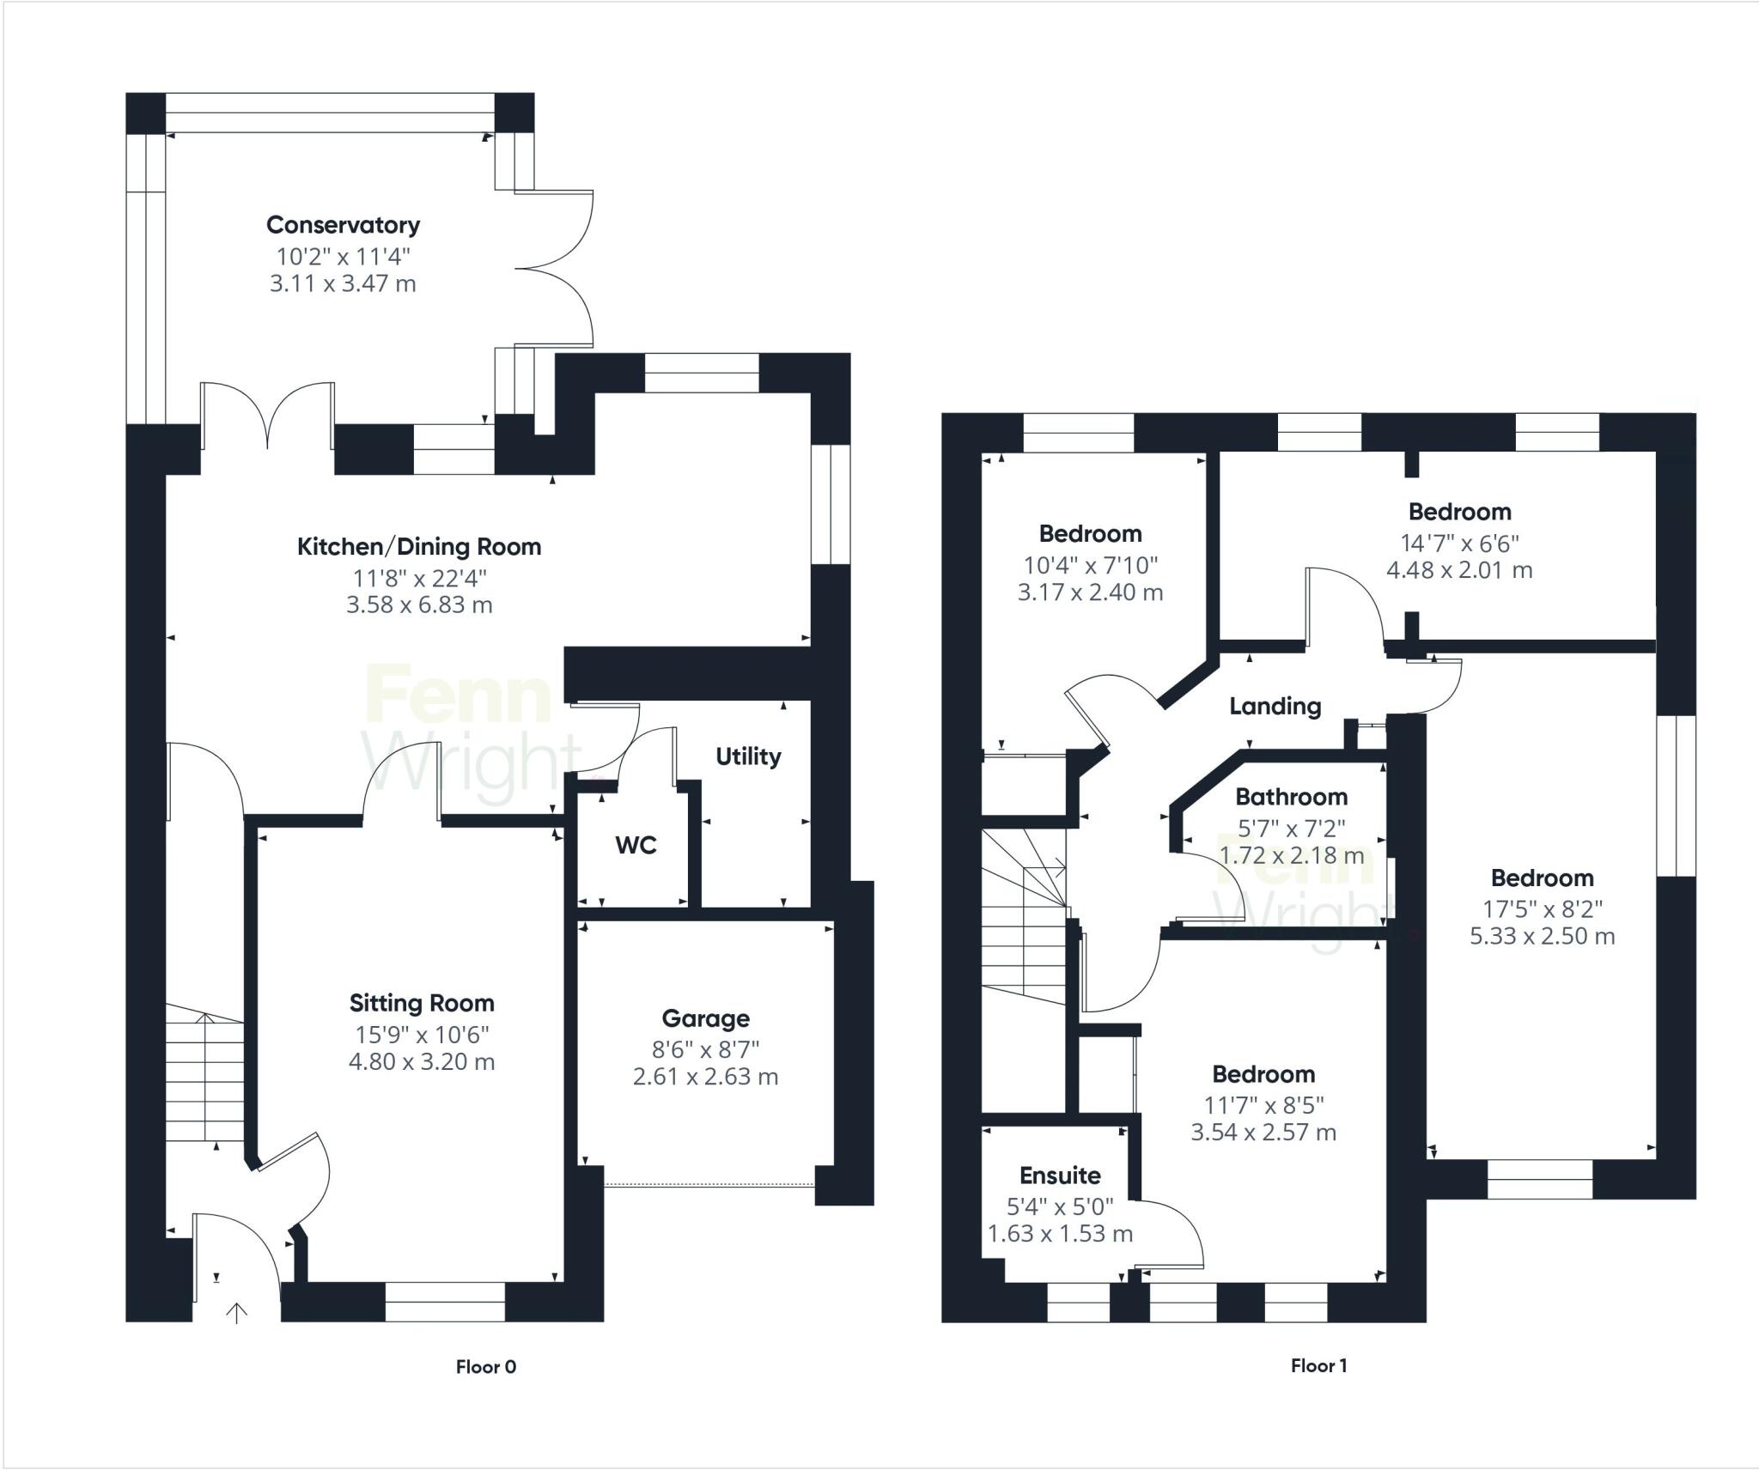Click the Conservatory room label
[343, 225]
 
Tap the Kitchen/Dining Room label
[419, 547]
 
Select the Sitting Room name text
[422, 1003]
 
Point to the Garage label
[705, 1018]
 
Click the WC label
[636, 846]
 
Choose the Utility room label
[748, 756]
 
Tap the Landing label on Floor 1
[1275, 707]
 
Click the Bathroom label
[1291, 797]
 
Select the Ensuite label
[1060, 1175]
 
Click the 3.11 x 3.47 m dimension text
[343, 284]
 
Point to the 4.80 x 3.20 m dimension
[422, 1062]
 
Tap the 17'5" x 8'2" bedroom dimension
[1543, 908]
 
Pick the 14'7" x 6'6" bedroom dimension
[1459, 543]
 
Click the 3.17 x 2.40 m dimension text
[1090, 592]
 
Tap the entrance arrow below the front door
[236, 1312]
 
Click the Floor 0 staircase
[204, 1078]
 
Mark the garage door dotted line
[709, 1186]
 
